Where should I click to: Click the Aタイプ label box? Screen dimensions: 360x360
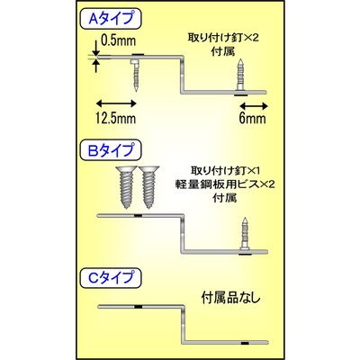click(111, 19)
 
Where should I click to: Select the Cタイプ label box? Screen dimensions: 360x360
click(111, 277)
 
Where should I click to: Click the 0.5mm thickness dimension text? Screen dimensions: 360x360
click(118, 40)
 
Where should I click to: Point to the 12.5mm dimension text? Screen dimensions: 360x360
click(116, 118)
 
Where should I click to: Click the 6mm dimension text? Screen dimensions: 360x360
click(253, 118)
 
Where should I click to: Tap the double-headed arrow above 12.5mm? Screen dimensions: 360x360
click(116, 103)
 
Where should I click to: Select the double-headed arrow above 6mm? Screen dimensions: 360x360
click(254, 105)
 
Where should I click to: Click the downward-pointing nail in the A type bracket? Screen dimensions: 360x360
click(135, 76)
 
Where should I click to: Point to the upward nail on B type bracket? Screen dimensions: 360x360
click(245, 233)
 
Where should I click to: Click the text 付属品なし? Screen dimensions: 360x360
click(231, 298)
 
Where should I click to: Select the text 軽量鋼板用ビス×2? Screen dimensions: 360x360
click(225, 184)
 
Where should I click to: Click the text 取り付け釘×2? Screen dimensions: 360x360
click(223, 39)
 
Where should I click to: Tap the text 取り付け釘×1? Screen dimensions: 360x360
click(225, 171)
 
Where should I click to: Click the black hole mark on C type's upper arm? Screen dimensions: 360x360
click(138, 307)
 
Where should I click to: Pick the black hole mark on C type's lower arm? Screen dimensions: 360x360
click(245, 342)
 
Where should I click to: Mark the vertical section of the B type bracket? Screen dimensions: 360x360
click(183, 233)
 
